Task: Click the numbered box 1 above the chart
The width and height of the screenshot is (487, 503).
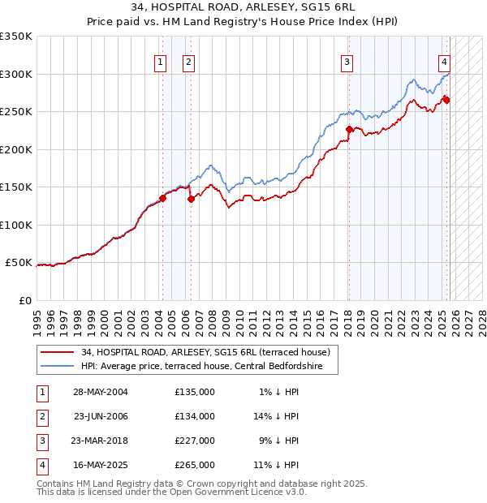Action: [160, 61]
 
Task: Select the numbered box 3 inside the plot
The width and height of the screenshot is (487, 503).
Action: [347, 61]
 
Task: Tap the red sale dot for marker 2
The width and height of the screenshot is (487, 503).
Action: [191, 198]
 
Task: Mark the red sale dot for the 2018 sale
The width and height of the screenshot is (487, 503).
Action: [349, 129]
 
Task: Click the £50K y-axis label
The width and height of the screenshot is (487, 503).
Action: [19, 263]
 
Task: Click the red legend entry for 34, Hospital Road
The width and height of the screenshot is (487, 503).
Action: [205, 353]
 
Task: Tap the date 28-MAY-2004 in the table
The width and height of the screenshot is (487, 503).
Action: [100, 392]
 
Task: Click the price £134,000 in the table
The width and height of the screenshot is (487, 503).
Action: [195, 416]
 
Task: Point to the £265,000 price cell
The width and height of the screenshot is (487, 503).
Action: [195, 465]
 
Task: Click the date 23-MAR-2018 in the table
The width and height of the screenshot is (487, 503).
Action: [100, 441]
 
